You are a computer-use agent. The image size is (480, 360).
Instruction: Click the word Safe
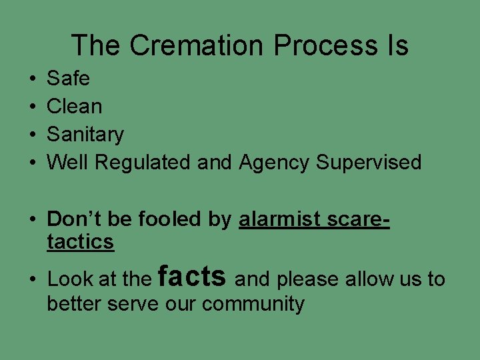pos(68,79)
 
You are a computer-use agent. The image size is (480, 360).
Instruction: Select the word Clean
pos(75,107)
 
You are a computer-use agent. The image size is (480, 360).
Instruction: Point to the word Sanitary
pos(85,135)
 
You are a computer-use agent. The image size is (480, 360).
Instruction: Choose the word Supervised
pos(369,163)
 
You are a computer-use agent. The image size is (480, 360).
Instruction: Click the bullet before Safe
pos(33,79)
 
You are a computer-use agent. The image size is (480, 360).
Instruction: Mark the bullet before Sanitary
pos(33,135)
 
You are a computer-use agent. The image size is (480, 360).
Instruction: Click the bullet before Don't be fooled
pos(34,219)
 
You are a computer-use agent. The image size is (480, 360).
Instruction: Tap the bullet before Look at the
pos(34,279)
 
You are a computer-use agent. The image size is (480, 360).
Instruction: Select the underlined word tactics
pos(80,242)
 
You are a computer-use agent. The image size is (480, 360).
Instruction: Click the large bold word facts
pos(193,275)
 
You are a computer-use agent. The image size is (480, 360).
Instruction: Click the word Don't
pos(71,219)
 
